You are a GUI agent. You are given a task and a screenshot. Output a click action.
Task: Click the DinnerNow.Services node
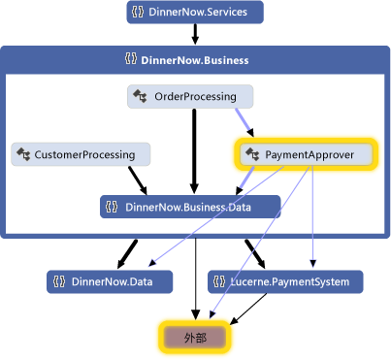[194, 13]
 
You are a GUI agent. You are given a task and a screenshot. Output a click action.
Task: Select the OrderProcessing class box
[190, 96]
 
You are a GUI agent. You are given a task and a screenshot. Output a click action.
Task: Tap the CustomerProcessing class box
[81, 154]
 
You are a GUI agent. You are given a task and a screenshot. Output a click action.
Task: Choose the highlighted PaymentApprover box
[307, 154]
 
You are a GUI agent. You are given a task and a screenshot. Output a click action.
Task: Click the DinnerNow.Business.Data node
[190, 206]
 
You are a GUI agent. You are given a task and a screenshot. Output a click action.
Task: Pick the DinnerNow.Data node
[110, 282]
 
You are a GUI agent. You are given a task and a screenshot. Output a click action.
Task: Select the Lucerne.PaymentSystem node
[285, 282]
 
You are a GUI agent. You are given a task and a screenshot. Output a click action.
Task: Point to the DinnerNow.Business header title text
[195, 60]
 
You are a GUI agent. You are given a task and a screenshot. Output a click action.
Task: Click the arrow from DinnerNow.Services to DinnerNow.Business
[194, 34]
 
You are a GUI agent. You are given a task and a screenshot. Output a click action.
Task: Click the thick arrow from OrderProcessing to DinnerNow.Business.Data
[193, 150]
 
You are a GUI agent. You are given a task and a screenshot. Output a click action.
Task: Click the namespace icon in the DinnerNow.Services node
[141, 13]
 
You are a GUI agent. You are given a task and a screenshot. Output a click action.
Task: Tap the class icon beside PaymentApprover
[252, 154]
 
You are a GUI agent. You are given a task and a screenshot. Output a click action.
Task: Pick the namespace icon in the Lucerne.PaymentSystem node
[222, 282]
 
